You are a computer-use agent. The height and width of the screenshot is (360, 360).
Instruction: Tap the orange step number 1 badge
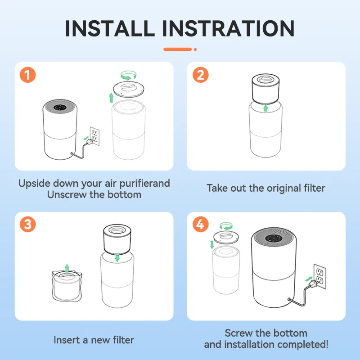click(27, 75)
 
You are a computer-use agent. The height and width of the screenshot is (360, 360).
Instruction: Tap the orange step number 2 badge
click(200, 75)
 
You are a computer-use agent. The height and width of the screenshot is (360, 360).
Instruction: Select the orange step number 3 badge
click(27, 225)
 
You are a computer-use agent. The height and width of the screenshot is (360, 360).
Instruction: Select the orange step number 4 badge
click(200, 225)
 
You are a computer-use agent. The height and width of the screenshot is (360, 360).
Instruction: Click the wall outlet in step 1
click(95, 136)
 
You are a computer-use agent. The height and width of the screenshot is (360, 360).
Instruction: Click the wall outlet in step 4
click(319, 276)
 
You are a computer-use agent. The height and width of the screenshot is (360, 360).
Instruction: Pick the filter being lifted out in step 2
click(265, 88)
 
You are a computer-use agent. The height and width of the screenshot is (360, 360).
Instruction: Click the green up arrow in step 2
click(265, 107)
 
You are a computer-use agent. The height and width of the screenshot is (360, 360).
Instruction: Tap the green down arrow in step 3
click(117, 258)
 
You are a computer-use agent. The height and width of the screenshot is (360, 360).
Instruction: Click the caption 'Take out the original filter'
click(265, 188)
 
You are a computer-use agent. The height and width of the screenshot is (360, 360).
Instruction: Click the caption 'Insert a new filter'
click(94, 340)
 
